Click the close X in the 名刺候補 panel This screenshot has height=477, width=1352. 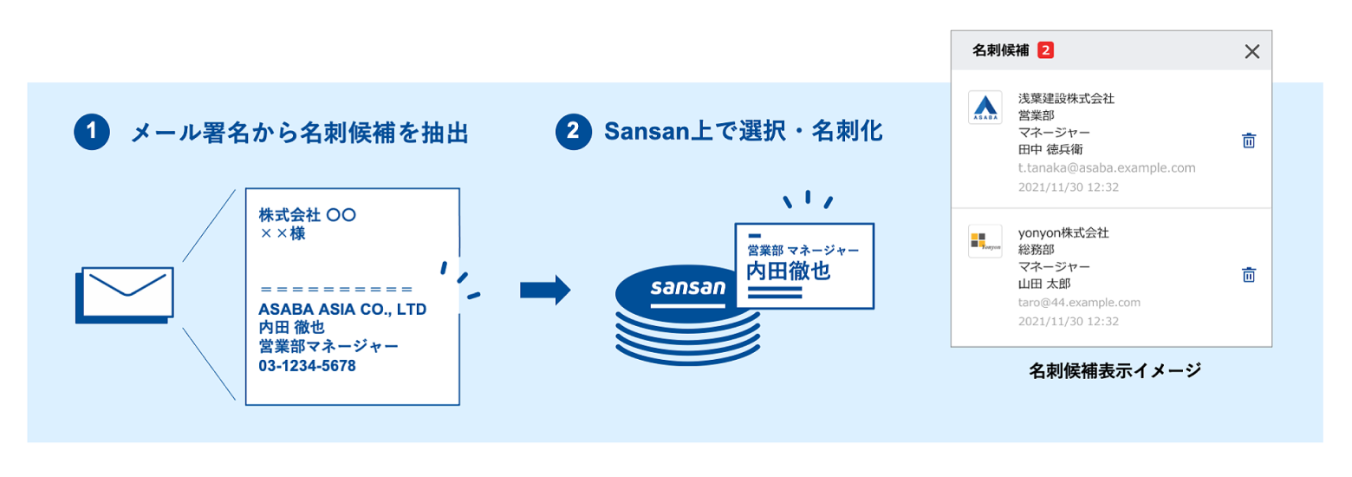1251,51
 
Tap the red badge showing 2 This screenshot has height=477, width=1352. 1045,50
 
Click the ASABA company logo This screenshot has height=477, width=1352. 985,108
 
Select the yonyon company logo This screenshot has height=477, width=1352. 985,241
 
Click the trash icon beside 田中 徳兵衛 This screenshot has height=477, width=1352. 1249,140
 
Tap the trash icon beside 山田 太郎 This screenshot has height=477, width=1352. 1249,275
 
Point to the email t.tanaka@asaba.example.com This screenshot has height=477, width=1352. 1107,168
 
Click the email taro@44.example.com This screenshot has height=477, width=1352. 1079,303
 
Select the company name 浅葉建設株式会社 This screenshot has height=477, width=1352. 1066,98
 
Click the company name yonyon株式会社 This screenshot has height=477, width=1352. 1063,233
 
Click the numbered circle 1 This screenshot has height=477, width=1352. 92,132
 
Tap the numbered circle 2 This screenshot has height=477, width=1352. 574,132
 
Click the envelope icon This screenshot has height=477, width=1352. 124,295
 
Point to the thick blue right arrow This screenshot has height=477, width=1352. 545,291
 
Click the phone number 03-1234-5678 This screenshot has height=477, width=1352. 307,366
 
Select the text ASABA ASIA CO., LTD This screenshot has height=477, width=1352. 342,309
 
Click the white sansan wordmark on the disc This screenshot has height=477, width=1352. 688,288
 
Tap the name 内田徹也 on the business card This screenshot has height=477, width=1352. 789,271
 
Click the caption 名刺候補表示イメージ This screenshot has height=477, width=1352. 1115,370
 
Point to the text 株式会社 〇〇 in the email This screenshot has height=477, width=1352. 307,215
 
